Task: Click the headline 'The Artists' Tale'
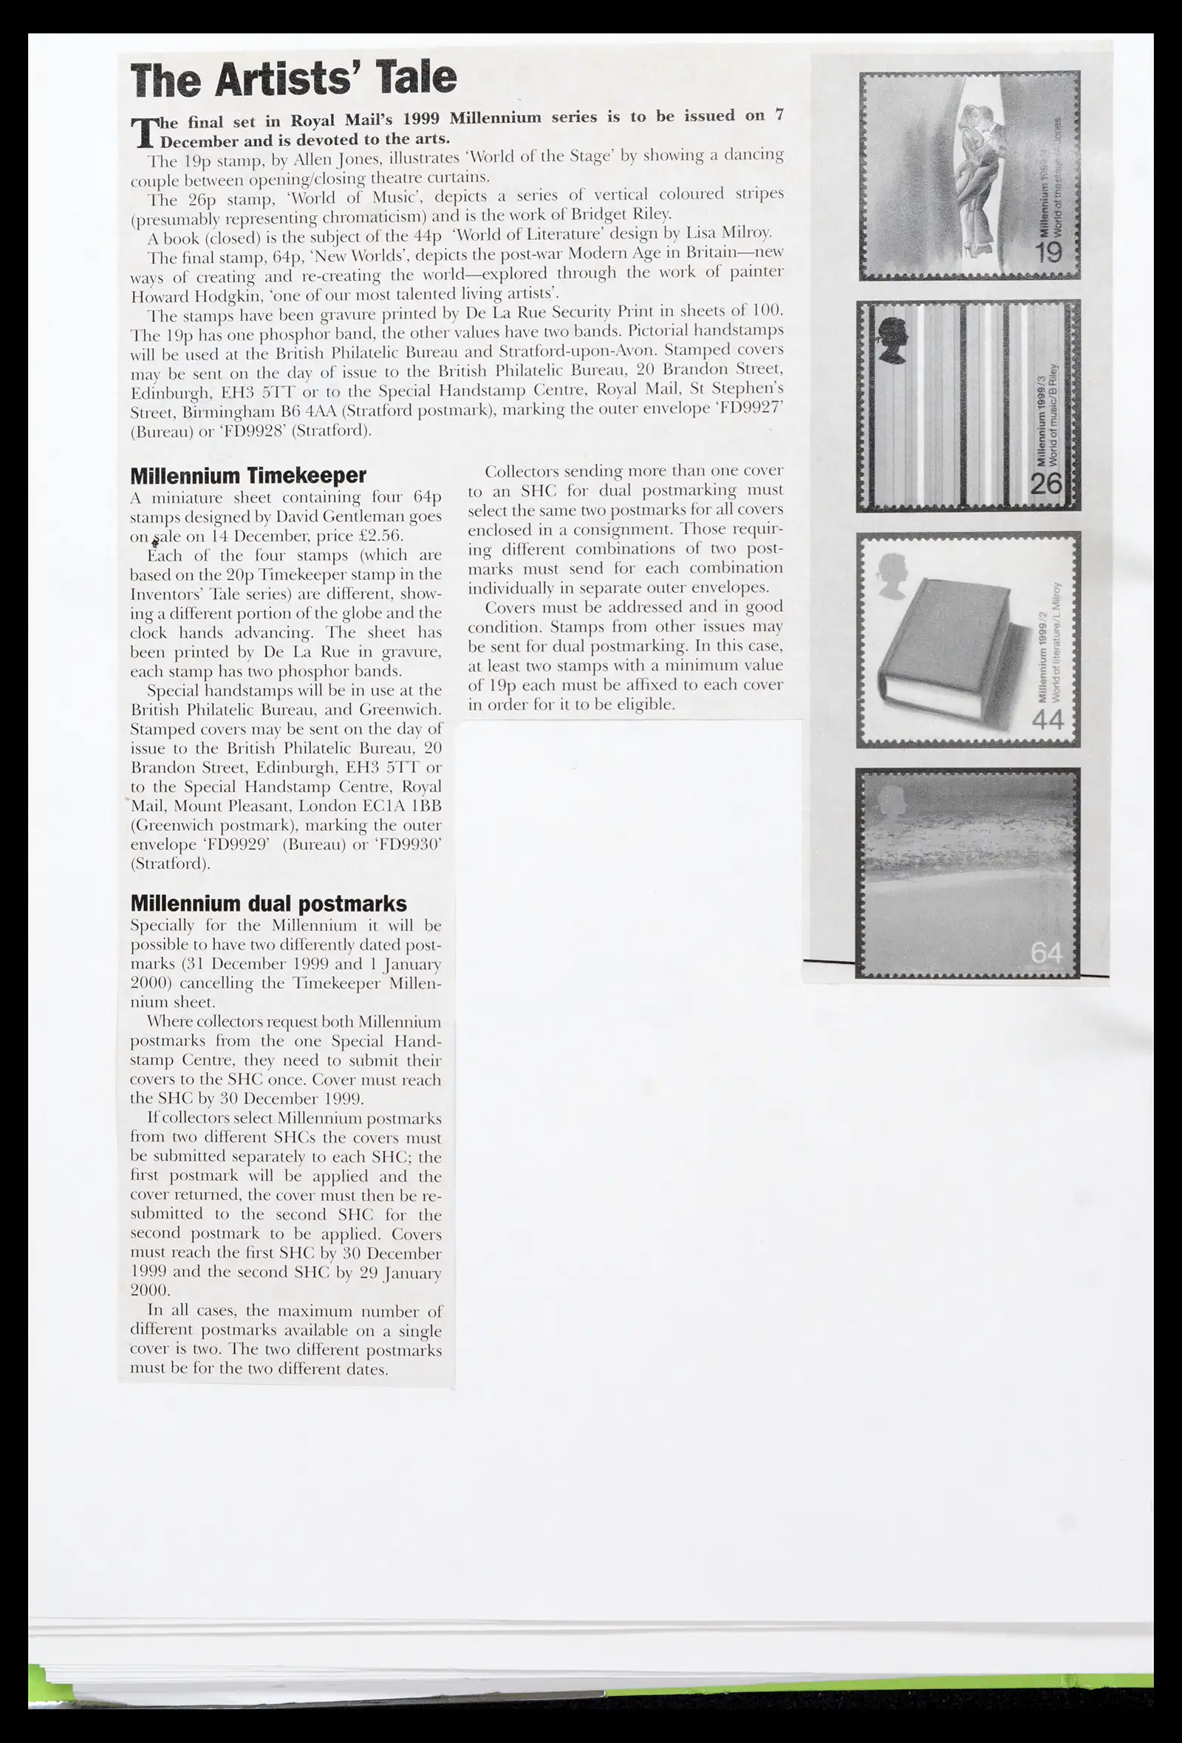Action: click(x=293, y=79)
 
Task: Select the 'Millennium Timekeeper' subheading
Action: click(x=248, y=476)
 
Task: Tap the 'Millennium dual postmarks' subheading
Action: click(x=268, y=904)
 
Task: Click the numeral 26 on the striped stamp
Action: click(x=1046, y=484)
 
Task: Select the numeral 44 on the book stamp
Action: click(x=1048, y=719)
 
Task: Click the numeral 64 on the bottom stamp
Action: click(x=1046, y=953)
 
